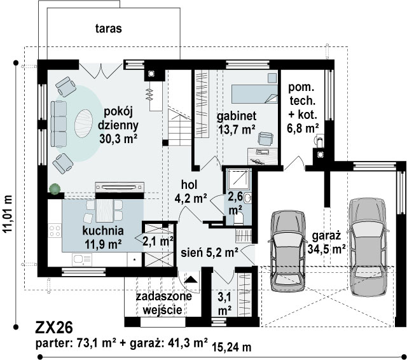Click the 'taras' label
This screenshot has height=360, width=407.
coord(109,29)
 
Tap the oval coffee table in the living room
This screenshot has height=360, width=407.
coord(83,123)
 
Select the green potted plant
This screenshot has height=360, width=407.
coord(55,189)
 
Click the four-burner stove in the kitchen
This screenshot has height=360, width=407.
coord(55,231)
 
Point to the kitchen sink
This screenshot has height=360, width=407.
coord(82,259)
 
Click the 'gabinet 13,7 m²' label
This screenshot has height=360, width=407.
coord(237,123)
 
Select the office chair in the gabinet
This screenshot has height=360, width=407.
coord(266,139)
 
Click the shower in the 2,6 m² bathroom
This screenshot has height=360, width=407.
coord(238,179)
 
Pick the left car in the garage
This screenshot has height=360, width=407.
coord(287,251)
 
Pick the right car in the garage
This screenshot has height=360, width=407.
coord(368,247)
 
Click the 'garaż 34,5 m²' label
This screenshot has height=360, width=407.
coord(326,243)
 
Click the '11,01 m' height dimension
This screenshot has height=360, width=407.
coord(8,214)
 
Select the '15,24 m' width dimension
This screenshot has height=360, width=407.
coord(231,347)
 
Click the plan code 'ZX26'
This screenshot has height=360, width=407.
coord(54,328)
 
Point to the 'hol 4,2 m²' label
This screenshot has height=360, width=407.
coord(191,192)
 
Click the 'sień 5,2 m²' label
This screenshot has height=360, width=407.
coord(209,253)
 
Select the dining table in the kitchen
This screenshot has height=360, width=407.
coord(104,211)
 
